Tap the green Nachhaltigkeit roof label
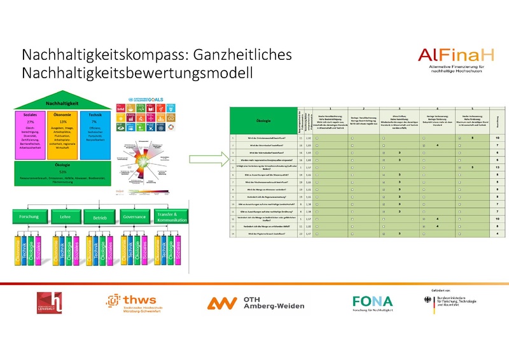(x=57, y=102)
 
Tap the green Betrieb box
(x=97, y=216)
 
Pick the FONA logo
(x=373, y=301)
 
